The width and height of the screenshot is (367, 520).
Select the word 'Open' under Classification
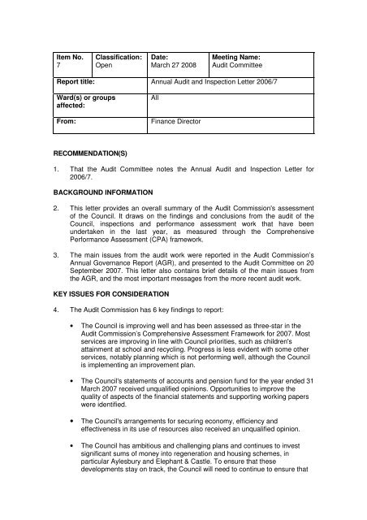(105, 67)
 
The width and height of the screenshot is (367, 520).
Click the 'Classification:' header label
(119, 57)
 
